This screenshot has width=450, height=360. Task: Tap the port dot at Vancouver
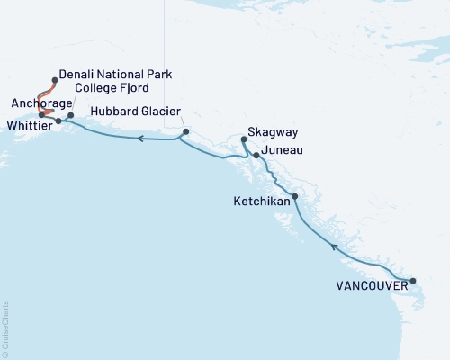click(x=413, y=281)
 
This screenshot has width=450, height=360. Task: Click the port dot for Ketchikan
click(x=294, y=195)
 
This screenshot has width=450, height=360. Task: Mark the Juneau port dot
click(x=257, y=156)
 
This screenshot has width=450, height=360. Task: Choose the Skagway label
click(x=267, y=140)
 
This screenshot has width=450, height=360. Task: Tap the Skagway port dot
click(x=244, y=139)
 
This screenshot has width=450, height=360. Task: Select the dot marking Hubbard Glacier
click(x=185, y=132)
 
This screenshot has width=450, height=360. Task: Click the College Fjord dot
click(x=70, y=115)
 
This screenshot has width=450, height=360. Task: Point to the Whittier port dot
click(x=58, y=120)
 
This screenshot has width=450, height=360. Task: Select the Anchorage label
click(x=33, y=103)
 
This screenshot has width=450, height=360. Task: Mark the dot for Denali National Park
click(x=56, y=80)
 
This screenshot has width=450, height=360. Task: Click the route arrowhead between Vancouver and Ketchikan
click(x=334, y=245)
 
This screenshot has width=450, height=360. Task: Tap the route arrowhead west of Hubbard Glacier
click(x=141, y=139)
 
